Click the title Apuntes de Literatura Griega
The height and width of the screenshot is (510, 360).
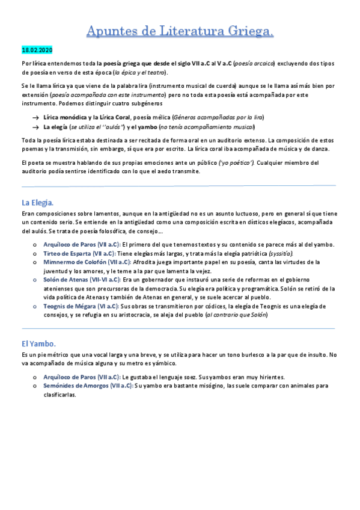click(x=180, y=31)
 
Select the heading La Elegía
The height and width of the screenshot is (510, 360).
click(x=37, y=203)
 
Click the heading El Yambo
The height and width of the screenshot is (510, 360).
click(x=38, y=343)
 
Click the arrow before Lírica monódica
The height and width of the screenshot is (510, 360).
click(x=36, y=117)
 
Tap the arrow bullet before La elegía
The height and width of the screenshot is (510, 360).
click(x=36, y=127)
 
